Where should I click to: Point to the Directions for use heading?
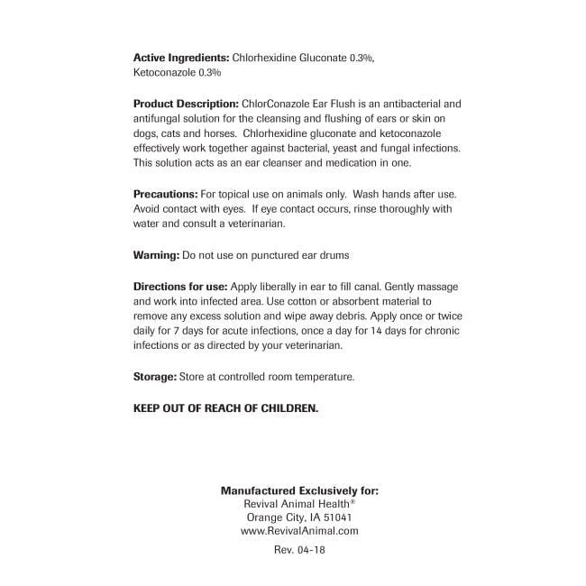[x=180, y=286]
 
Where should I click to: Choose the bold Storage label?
[x=154, y=376]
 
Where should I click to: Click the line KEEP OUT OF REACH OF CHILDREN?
[x=225, y=407]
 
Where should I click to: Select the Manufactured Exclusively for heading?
[x=299, y=490]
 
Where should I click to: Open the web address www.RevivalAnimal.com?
[x=299, y=531]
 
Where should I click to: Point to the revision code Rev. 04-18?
[x=298, y=549]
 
